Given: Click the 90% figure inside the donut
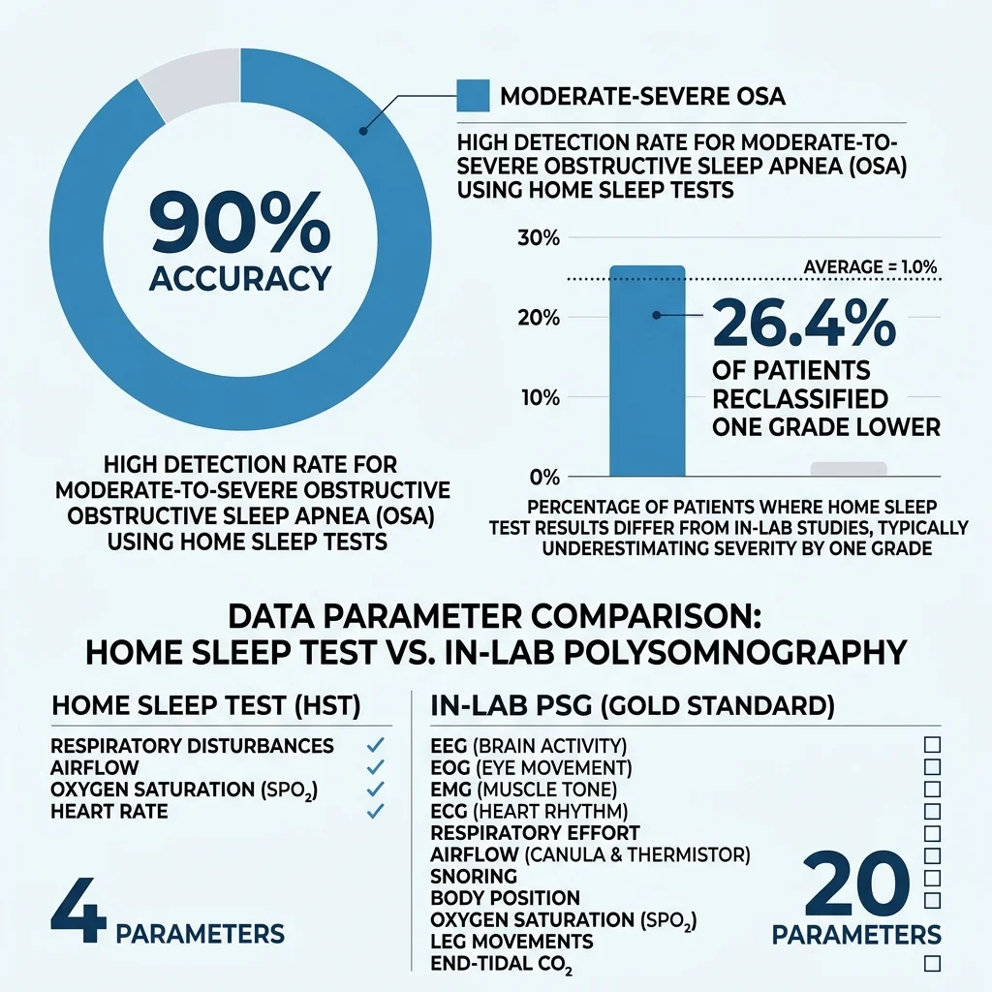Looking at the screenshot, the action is (239, 224).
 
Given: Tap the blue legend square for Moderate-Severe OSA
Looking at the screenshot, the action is (472, 96).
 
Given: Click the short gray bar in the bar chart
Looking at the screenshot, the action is (849, 469).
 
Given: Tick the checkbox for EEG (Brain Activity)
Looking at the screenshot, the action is (933, 745).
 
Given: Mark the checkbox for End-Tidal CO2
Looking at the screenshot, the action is (933, 963).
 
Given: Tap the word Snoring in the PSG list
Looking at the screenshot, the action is (474, 876).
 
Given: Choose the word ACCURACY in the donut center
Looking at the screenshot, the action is (239, 278).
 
